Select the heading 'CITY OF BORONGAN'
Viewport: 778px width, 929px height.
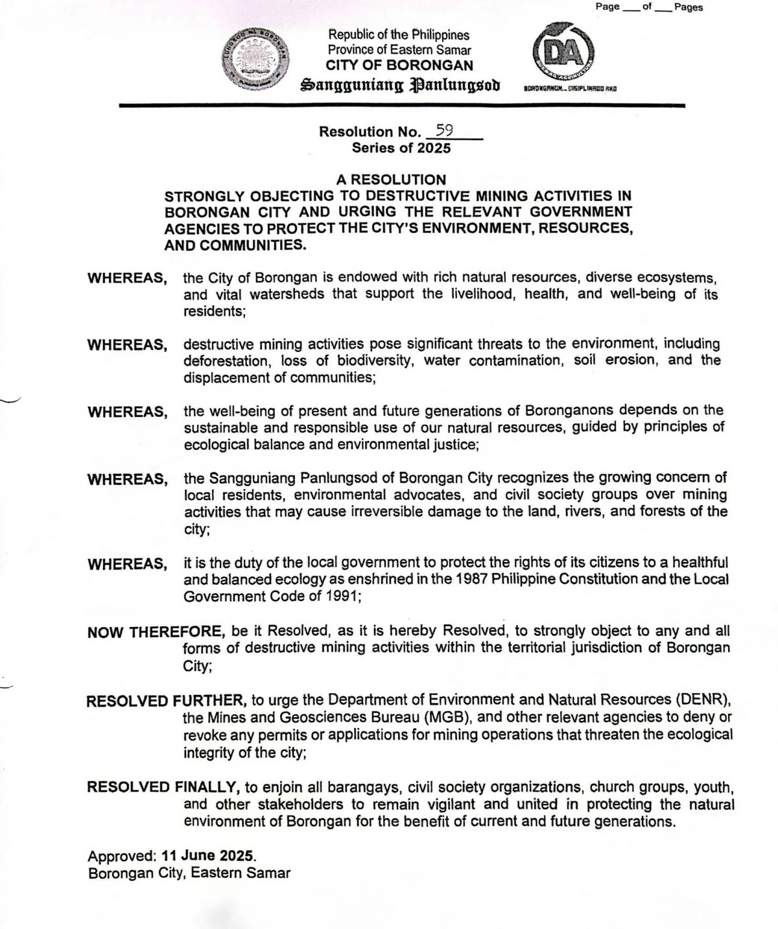coord(399,65)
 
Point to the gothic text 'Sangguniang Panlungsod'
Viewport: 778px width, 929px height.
coord(400,85)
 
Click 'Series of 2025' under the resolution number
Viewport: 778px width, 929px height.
coord(401,148)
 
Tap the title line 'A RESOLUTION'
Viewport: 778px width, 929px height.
coord(391,180)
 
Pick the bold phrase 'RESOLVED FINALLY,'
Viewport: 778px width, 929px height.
coord(163,788)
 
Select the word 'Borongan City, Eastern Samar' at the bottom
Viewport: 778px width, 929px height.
coord(189,873)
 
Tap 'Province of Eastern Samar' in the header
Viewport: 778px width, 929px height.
coord(399,50)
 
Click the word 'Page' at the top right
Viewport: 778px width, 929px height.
coord(607,7)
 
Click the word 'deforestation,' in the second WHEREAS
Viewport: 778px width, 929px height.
coord(226,360)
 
